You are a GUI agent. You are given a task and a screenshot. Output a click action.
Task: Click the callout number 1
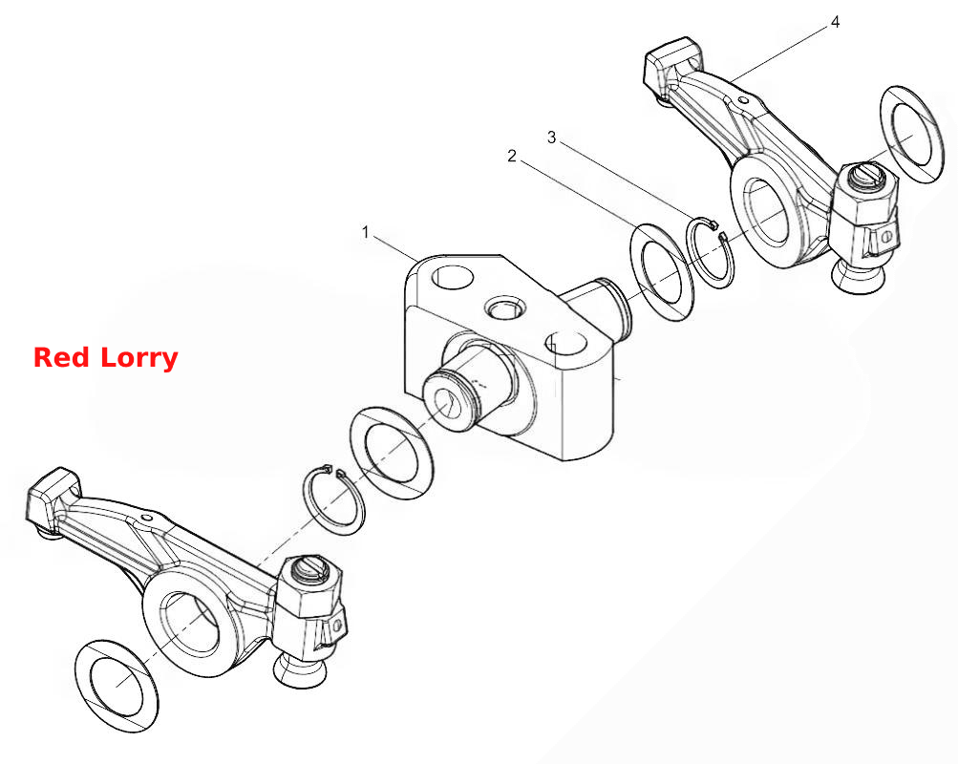pyautogui.click(x=366, y=233)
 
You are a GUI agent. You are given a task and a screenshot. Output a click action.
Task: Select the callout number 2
pyautogui.click(x=512, y=157)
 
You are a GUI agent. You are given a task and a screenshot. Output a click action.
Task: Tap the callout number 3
pyautogui.click(x=552, y=138)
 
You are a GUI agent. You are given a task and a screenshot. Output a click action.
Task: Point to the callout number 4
pyautogui.click(x=835, y=22)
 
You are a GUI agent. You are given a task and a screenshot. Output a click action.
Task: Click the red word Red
pyautogui.click(x=62, y=357)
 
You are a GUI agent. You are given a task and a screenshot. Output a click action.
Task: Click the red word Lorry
pyautogui.click(x=139, y=358)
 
